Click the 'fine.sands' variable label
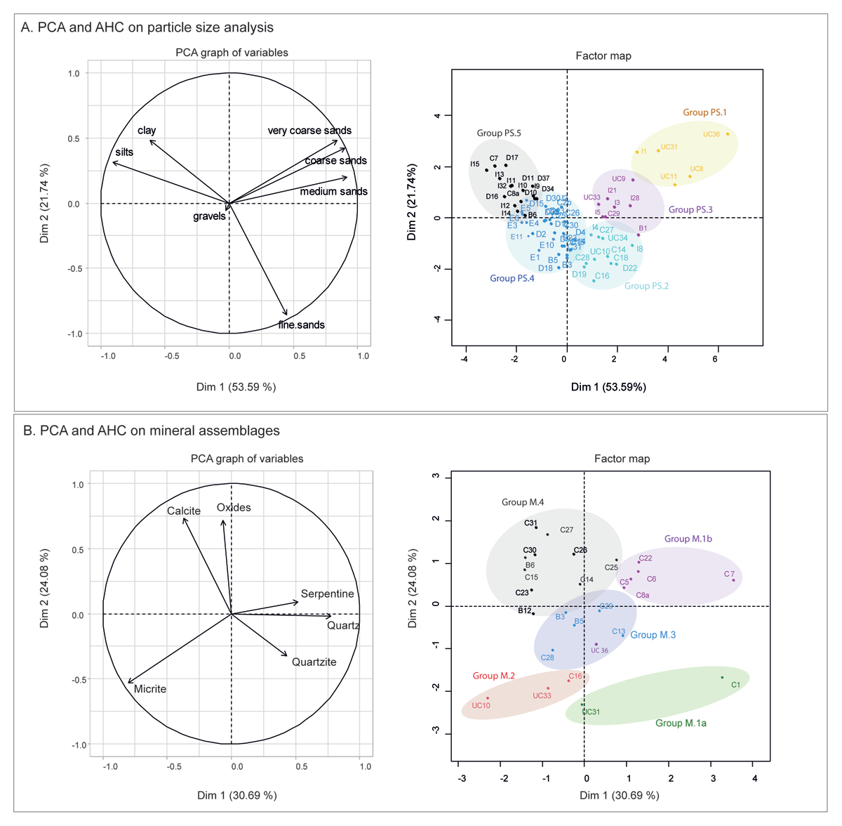click(x=301, y=324)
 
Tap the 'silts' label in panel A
click(x=124, y=152)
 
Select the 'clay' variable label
click(x=147, y=130)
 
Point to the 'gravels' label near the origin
click(x=209, y=216)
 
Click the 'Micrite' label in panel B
click(x=150, y=689)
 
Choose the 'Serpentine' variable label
click(x=327, y=594)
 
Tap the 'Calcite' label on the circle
click(x=184, y=511)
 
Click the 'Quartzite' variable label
click(x=314, y=662)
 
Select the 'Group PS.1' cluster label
click(x=704, y=112)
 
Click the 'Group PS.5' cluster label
click(x=499, y=133)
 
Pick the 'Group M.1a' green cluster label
click(x=681, y=723)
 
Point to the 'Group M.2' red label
click(x=493, y=676)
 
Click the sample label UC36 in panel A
click(x=711, y=134)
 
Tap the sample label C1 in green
click(x=735, y=685)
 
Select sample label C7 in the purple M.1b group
click(x=729, y=575)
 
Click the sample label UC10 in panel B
click(x=481, y=705)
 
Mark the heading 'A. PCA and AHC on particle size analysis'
click(x=147, y=27)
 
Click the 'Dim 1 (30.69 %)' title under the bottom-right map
click(x=619, y=795)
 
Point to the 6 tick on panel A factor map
click(x=715, y=359)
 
